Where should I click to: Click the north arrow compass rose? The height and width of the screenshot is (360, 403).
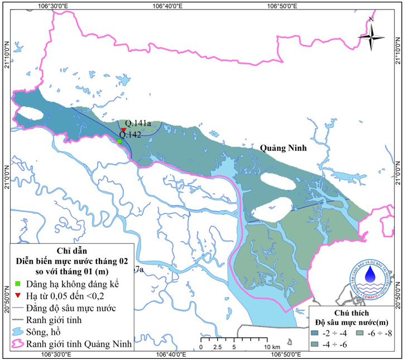pyautogui.click(x=371, y=37)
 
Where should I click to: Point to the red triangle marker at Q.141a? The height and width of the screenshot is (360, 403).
pyautogui.click(x=123, y=130)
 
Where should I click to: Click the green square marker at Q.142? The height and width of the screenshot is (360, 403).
pyautogui.click(x=119, y=141)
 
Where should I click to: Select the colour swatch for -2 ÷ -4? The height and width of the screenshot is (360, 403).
pyautogui.click(x=316, y=333)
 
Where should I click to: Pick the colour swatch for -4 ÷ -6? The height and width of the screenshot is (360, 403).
pyautogui.click(x=316, y=344)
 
